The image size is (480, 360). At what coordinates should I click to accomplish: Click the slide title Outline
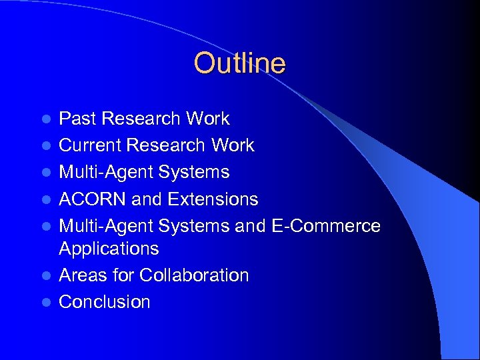pos(239,63)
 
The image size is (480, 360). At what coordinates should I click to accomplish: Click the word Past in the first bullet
pos(77,119)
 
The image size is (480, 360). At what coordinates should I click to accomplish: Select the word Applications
pos(109,249)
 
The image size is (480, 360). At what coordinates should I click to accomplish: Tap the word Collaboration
pos(193,275)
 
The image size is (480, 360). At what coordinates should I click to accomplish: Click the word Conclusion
pos(105,302)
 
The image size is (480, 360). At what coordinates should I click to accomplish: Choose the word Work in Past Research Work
pos(208,119)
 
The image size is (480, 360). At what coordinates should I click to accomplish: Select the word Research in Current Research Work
pos(171,145)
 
